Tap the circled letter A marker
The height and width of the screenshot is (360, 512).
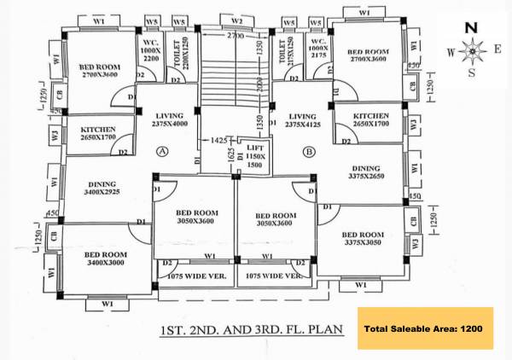click(x=163, y=152)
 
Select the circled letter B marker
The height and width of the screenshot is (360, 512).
click(x=309, y=152)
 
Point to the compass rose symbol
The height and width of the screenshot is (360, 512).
click(x=472, y=51)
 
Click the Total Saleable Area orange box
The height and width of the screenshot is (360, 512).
click(x=424, y=328)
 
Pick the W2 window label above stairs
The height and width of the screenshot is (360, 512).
click(x=237, y=20)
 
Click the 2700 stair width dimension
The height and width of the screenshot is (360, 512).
click(x=236, y=38)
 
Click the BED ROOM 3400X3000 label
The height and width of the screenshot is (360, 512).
click(x=106, y=259)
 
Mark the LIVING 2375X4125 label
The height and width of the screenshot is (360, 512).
click(x=302, y=120)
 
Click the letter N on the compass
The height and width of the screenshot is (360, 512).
click(x=471, y=27)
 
